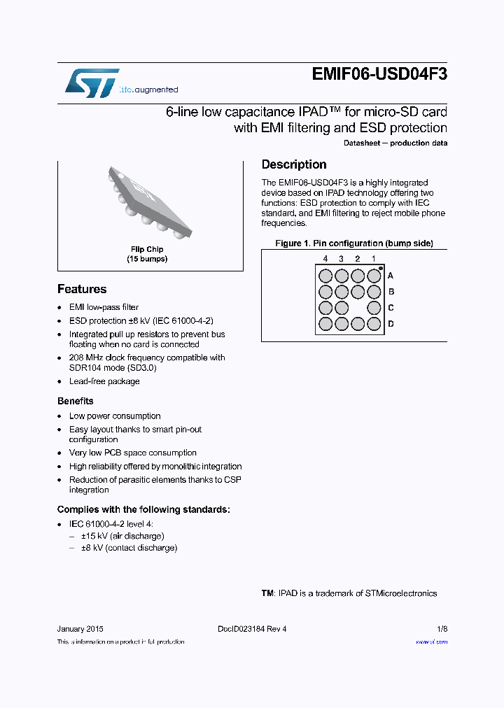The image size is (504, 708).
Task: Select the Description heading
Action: [294, 164]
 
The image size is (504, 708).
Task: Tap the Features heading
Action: [82, 289]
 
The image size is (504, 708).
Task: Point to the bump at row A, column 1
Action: [374, 276]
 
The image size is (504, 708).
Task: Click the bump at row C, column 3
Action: [342, 308]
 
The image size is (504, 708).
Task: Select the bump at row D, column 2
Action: [358, 324]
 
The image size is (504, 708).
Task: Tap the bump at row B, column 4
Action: [325, 292]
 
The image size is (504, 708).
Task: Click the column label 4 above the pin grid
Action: [325, 259]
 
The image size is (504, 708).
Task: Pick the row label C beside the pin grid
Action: [391, 308]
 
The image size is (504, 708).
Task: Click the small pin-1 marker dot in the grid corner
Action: [381, 268]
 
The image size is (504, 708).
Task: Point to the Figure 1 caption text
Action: [354, 243]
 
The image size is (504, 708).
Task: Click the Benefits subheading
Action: [75, 401]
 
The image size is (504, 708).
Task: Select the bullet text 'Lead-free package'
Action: [104, 381]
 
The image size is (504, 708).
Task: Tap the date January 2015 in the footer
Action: [80, 629]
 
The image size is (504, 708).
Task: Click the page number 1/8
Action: [442, 629]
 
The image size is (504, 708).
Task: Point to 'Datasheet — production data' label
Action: [395, 143]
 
